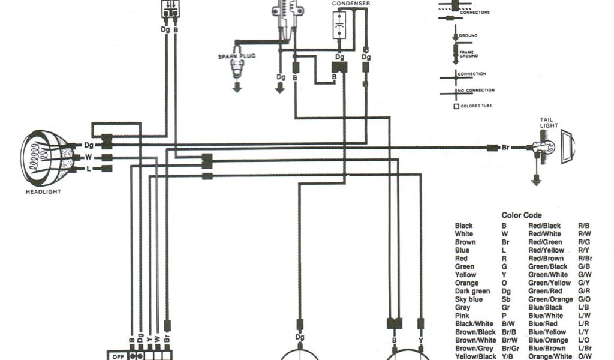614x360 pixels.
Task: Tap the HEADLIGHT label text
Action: point(43,192)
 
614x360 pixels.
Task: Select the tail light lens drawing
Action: point(567,148)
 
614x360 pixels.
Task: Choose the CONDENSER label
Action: point(351,3)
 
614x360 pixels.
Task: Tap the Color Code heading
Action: point(521,215)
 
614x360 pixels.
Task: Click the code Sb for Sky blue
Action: point(505,299)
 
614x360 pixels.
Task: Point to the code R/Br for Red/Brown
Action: point(585,259)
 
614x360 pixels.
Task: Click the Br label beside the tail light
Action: point(505,147)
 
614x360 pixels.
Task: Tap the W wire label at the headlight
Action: point(88,157)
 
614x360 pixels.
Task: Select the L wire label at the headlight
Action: point(88,169)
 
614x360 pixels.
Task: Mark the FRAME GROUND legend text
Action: point(468,53)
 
